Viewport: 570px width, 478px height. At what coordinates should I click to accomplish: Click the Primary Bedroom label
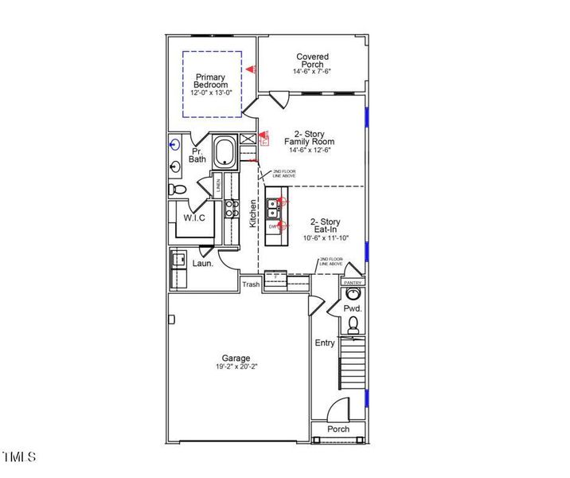212,80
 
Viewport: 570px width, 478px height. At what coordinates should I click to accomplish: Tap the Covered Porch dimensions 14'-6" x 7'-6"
312,71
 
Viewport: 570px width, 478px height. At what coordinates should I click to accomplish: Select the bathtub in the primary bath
224,152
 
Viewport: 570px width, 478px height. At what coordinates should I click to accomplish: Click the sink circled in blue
175,144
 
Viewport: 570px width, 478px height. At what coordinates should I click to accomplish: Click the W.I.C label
196,217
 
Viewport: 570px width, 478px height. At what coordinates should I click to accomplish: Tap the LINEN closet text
219,186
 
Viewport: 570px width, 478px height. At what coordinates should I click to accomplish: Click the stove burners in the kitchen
232,209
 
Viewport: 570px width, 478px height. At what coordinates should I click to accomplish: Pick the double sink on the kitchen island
273,207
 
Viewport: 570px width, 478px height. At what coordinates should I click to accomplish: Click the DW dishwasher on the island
273,227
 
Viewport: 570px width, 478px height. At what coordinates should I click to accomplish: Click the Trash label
252,284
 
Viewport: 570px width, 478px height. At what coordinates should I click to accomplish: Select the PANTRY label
352,283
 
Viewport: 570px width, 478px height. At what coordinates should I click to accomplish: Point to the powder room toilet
352,323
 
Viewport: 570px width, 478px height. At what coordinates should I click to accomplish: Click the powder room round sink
352,293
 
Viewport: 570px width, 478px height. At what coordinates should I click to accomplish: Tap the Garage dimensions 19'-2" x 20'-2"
236,367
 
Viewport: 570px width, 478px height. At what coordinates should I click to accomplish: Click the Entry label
325,343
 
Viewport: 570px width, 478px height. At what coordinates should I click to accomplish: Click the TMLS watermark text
18,456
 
